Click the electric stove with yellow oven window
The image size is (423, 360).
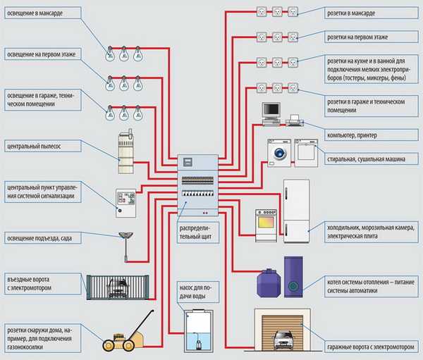[266, 221]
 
